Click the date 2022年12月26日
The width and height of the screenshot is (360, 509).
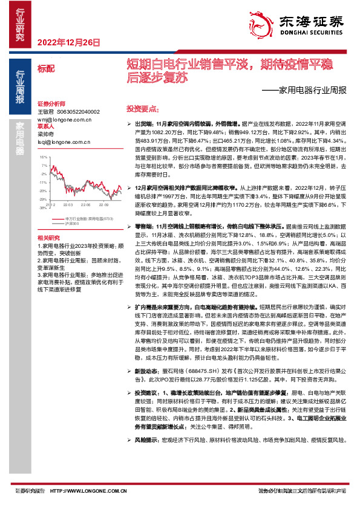[68, 42]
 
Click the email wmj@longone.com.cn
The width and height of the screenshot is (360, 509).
[66, 119]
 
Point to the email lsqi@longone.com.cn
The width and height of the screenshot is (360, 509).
[64, 141]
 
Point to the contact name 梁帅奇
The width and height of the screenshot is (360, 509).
[47, 134]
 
